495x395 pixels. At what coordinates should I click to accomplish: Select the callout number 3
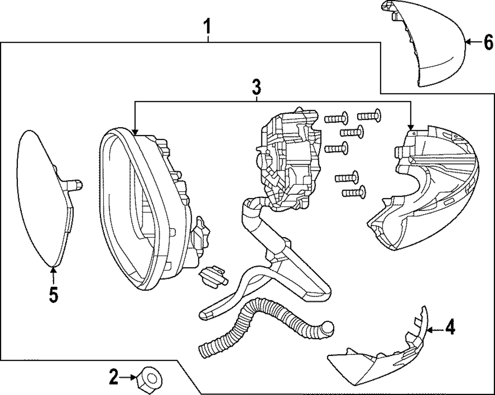coord(256,88)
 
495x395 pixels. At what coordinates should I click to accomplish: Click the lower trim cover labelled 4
coord(381,356)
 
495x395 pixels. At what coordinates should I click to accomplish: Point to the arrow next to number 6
coord(473,43)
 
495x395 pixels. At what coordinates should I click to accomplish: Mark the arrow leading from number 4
coord(435,329)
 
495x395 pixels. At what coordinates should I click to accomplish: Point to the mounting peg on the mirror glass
coord(74,185)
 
